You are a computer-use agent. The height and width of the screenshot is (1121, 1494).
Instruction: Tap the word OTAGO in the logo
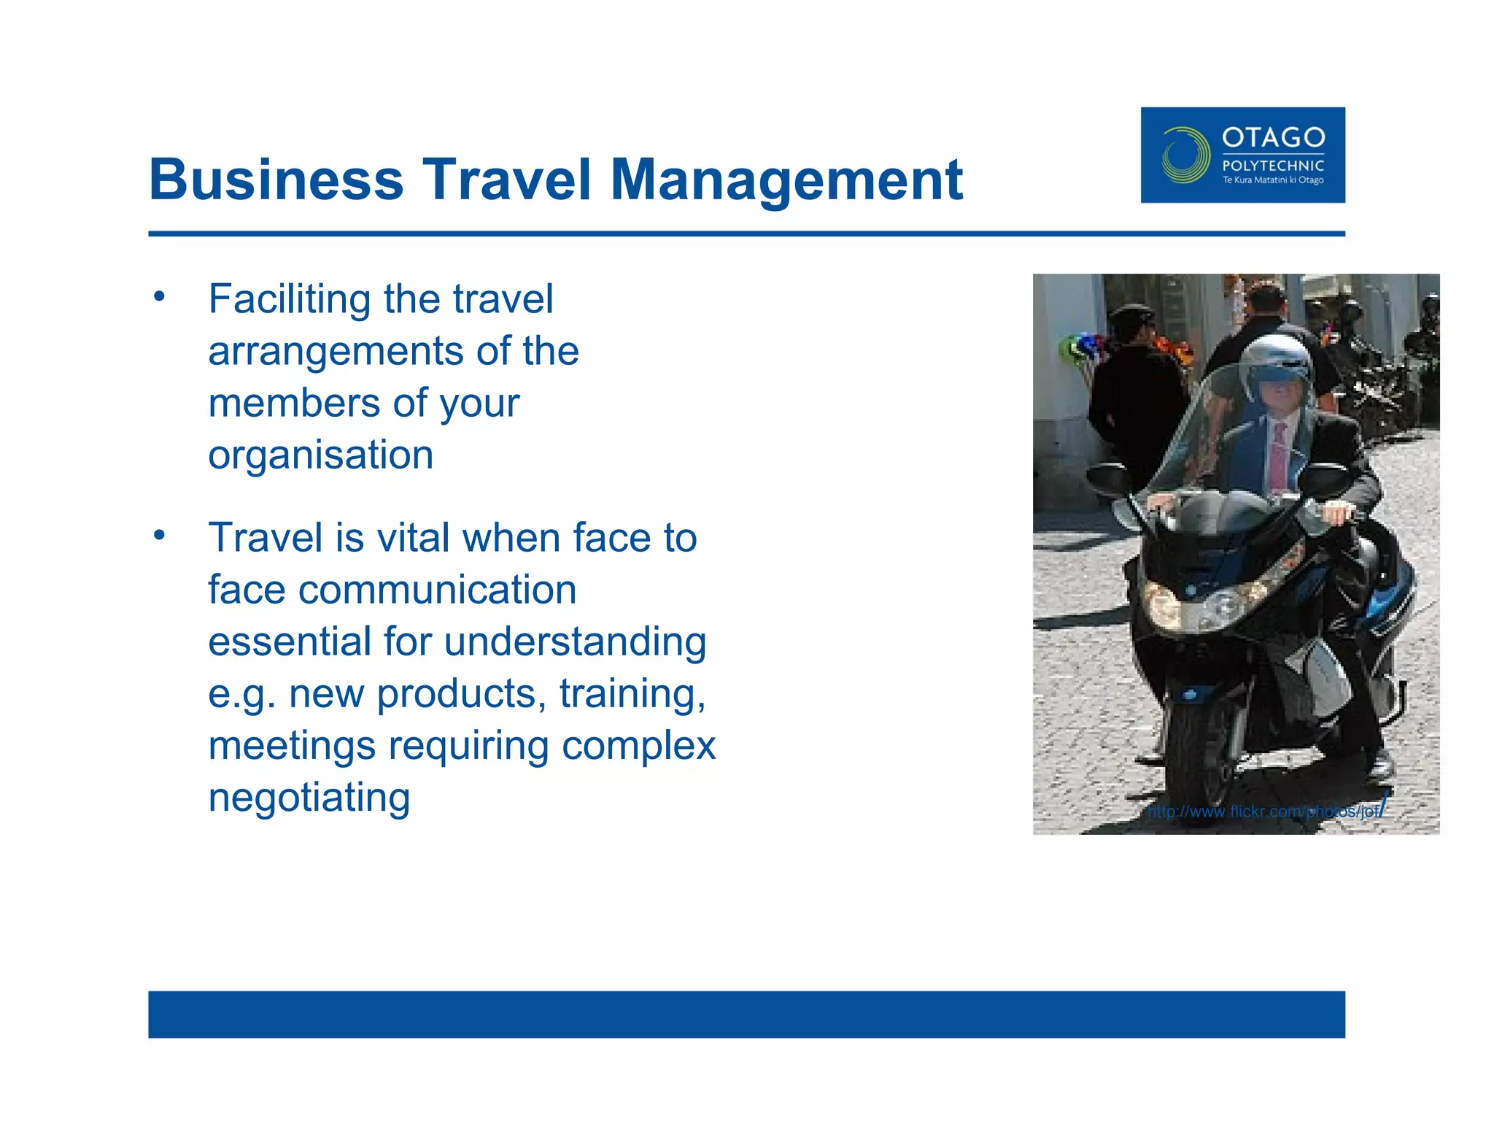click(x=1273, y=137)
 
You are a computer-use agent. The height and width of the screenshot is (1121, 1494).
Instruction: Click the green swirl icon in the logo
click(x=1184, y=155)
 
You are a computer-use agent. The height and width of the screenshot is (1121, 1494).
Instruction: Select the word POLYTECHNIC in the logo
click(x=1273, y=166)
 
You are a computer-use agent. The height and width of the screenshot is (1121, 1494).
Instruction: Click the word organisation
click(x=321, y=455)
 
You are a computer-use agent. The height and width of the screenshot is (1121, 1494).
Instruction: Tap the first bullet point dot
click(x=160, y=296)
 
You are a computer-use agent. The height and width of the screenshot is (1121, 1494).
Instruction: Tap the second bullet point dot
click(x=160, y=535)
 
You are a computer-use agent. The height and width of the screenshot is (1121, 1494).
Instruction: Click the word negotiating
click(x=309, y=798)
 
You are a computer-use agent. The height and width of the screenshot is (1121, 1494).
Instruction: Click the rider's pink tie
click(x=1278, y=456)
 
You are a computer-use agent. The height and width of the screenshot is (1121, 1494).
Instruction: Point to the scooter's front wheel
click(x=1196, y=752)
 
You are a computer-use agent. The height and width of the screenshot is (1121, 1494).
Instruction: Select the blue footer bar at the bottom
click(x=746, y=1014)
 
